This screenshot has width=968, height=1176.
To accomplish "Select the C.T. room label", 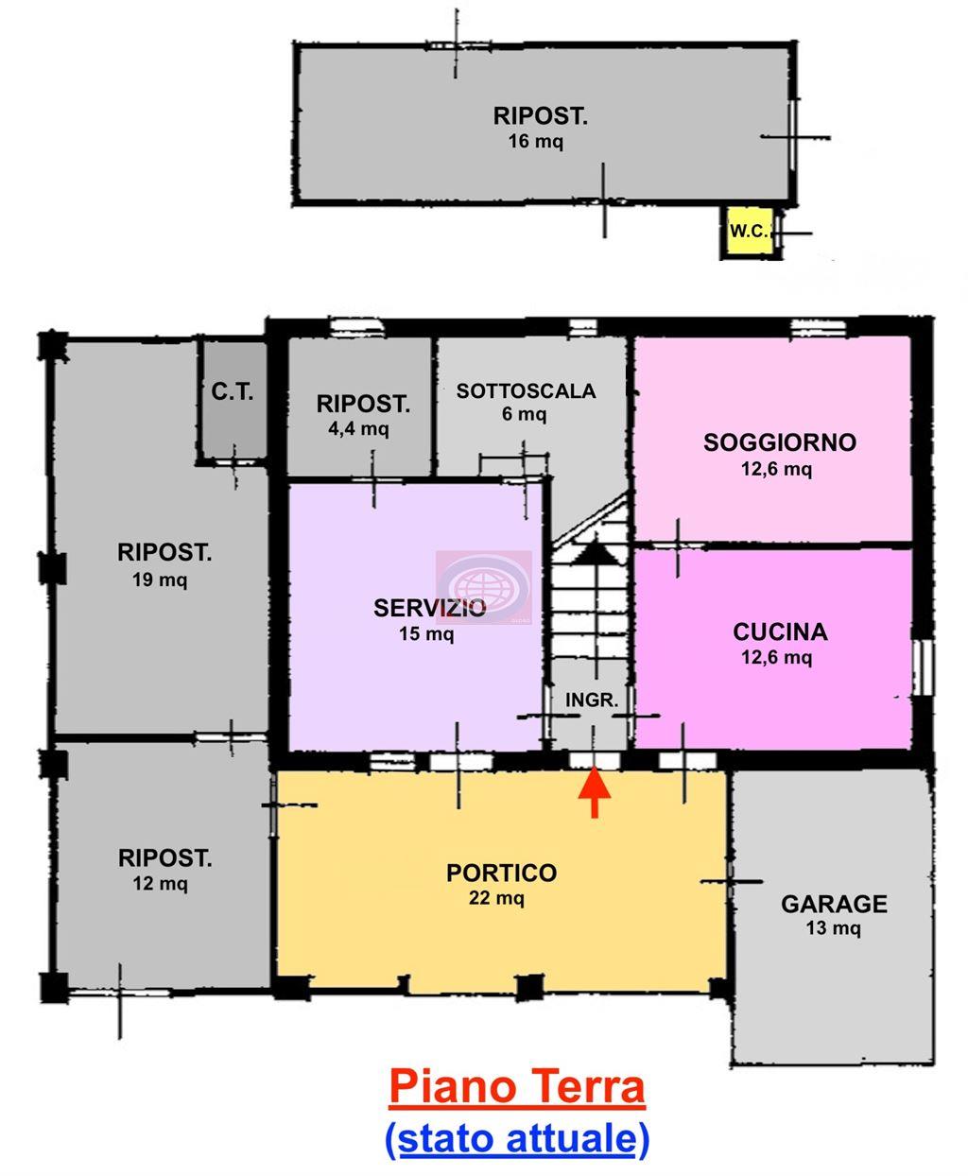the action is point(233,391).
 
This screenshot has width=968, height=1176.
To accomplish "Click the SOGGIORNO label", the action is point(780,442).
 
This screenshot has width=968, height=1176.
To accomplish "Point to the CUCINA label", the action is point(780,632).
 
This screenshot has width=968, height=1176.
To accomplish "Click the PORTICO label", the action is point(501,873).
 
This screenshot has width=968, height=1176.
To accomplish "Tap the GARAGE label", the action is point(834,905).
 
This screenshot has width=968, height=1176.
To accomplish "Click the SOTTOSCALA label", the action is point(526,391).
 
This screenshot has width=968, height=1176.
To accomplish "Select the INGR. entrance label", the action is point(592,700).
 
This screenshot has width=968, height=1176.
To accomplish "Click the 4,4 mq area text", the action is point(358,429).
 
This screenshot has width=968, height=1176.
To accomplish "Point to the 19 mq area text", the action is point(160,579).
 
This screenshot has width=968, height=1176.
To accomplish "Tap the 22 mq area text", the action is point(496,898).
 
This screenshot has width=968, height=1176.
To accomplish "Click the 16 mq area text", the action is point(535,142).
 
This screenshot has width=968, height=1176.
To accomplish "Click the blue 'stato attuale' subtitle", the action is point(517,1138).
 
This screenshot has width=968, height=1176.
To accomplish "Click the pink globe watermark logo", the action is point(483,587).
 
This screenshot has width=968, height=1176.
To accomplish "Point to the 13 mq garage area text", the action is point(833,928).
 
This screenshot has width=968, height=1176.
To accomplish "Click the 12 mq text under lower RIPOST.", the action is point(160,884).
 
